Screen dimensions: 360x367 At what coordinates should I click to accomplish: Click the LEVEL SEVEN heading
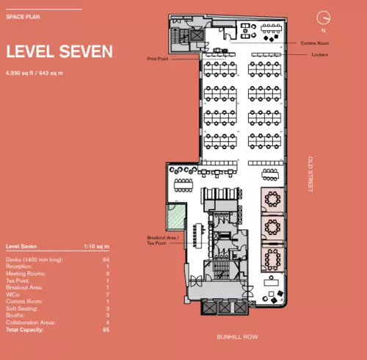(59, 51)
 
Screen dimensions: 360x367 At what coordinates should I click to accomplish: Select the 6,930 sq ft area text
(34, 73)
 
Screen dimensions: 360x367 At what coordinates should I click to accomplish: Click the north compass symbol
(321, 18)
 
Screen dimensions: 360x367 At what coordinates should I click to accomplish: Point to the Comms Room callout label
(313, 43)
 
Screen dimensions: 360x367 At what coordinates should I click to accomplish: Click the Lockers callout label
(318, 55)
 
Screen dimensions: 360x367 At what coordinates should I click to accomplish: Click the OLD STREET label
(310, 173)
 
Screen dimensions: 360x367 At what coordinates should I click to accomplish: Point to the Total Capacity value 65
(106, 329)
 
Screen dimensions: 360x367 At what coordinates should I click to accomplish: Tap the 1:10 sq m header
(98, 247)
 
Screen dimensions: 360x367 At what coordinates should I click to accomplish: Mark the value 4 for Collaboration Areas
(107, 323)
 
